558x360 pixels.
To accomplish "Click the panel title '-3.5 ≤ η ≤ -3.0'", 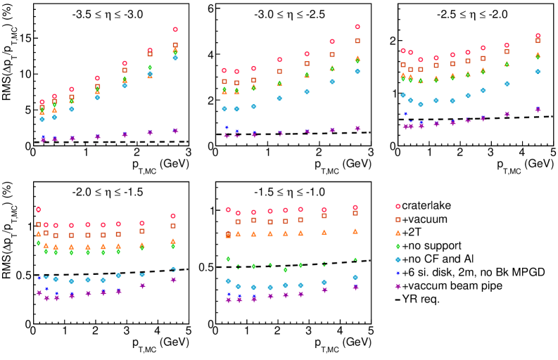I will click(108, 15).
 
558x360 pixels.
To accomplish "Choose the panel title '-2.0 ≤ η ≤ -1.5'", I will click(108, 191).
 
